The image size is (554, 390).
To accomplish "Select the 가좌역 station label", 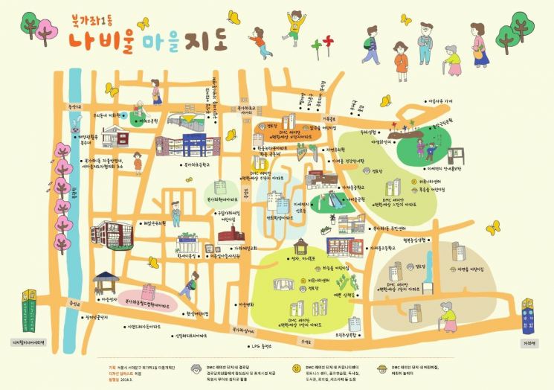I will (x=529, y=343).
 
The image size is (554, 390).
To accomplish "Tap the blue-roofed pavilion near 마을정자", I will (x=106, y=281).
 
